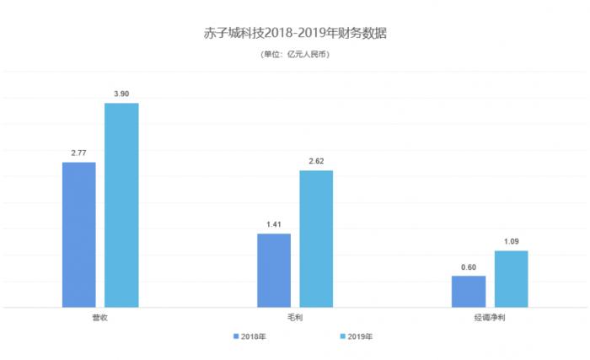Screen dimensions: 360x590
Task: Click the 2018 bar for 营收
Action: point(78,234)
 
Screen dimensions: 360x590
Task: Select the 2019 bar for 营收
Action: point(121,205)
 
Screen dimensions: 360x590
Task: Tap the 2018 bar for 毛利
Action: point(273,270)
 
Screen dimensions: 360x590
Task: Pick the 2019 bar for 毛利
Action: point(316,239)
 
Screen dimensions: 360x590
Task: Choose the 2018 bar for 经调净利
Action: point(468,291)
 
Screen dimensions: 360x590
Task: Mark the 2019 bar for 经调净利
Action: point(511,278)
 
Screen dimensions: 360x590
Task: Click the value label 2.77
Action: point(79,153)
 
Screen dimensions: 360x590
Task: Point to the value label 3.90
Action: point(121,94)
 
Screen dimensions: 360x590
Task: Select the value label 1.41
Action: point(273,224)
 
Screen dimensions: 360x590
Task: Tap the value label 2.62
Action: point(316,161)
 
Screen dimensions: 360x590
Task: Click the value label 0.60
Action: point(468,266)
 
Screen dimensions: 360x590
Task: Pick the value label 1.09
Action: point(511,241)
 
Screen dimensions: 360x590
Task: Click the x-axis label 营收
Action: point(99,318)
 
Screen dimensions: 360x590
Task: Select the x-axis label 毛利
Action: point(294,318)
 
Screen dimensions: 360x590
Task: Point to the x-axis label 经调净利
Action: point(489,318)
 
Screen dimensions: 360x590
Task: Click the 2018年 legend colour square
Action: point(236,336)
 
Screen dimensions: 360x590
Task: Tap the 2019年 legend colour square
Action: point(341,336)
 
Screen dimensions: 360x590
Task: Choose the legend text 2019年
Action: point(359,336)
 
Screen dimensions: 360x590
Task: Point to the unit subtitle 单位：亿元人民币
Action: point(294,55)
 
